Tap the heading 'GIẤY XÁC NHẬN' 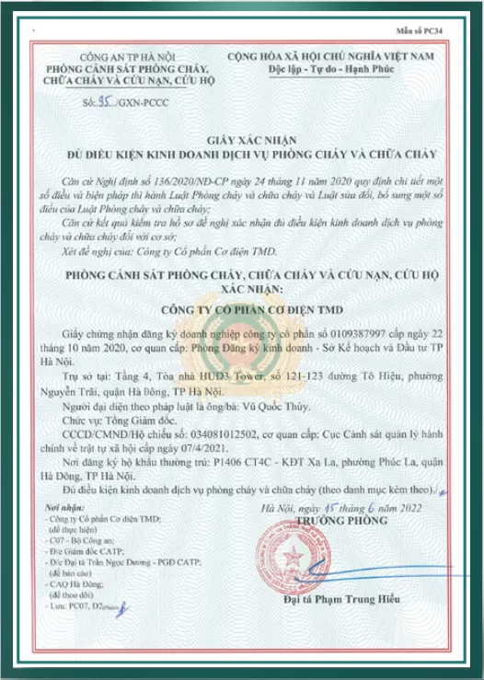click(x=241, y=132)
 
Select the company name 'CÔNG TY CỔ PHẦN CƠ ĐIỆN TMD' click(x=240, y=309)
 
